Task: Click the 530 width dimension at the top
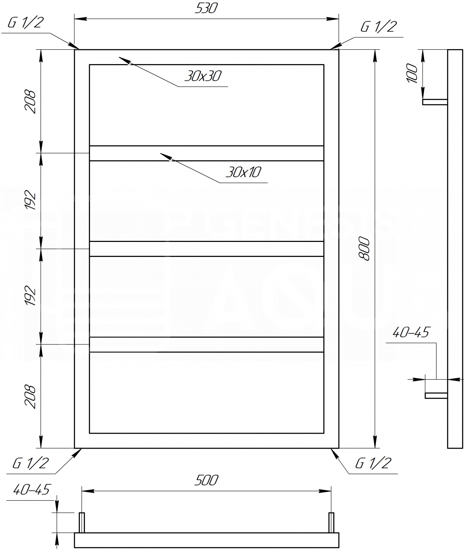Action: [x=206, y=8]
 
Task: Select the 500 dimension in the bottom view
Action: [x=206, y=480]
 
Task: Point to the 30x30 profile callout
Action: [x=203, y=76]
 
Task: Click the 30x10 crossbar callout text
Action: [x=243, y=172]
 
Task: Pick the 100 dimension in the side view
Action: [x=412, y=73]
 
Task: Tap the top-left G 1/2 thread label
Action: [x=26, y=23]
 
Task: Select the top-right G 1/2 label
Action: [x=379, y=27]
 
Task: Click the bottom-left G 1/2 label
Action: [x=30, y=463]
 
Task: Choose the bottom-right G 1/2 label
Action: [x=373, y=463]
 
